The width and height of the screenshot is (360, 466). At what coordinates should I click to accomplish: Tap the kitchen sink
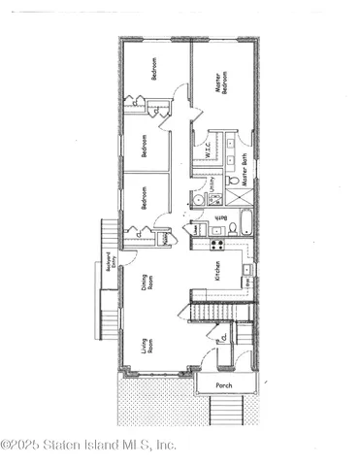(x=247, y=269)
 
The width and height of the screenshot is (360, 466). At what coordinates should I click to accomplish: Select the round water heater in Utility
(x=197, y=198)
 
